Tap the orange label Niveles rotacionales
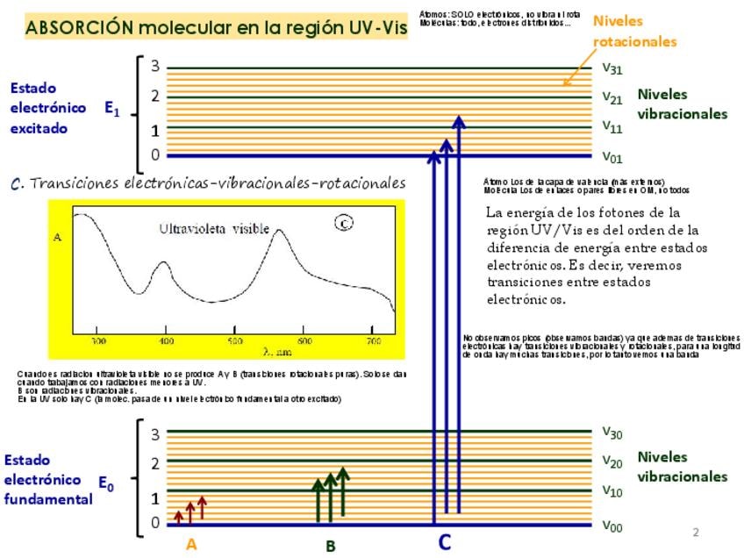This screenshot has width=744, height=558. (633, 31)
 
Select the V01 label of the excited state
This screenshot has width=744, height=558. (612, 157)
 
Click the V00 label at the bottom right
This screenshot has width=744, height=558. (612, 526)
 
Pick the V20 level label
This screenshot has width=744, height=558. (612, 461)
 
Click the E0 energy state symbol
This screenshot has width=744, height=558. (105, 483)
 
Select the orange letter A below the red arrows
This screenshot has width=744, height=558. (191, 544)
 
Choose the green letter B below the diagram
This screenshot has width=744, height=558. (331, 546)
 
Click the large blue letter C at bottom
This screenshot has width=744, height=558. (444, 542)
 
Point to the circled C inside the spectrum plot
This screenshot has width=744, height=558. (344, 223)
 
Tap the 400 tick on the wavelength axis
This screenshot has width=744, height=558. (167, 340)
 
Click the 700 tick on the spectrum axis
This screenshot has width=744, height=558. (374, 340)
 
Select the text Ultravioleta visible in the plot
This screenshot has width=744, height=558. (214, 229)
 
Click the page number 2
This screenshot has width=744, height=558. (696, 533)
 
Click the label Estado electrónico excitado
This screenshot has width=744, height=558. (47, 108)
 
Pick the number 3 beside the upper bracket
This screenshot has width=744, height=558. (154, 67)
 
